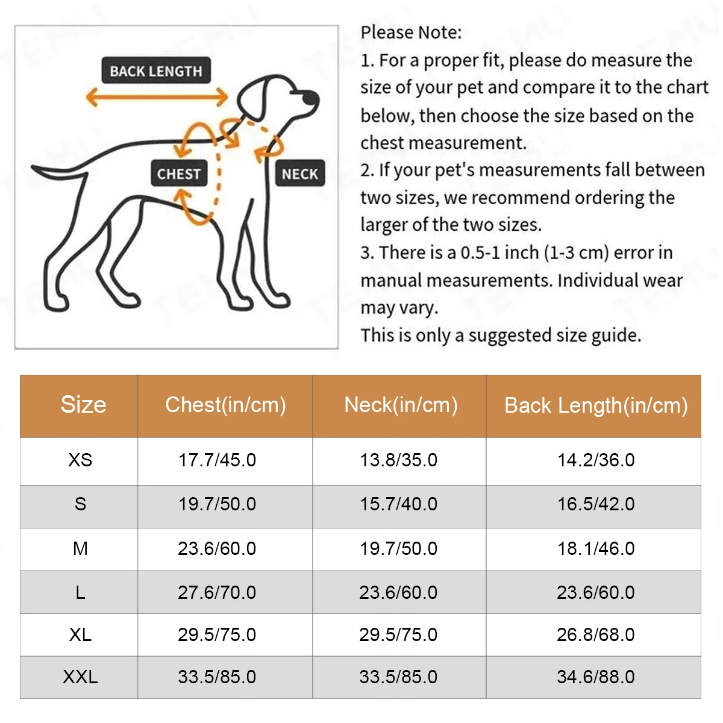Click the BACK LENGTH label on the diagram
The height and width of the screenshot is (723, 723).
pyautogui.click(x=156, y=71)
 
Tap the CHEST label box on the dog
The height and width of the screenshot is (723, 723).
pyautogui.click(x=179, y=174)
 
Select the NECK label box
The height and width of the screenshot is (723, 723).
pyautogui.click(x=299, y=174)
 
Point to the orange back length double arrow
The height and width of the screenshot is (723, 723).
pyautogui.click(x=157, y=96)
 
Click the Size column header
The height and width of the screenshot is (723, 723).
pyautogui.click(x=83, y=405)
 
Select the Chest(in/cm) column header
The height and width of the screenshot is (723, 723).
pyautogui.click(x=225, y=405)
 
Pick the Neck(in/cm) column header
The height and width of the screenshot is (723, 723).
pyautogui.click(x=401, y=405)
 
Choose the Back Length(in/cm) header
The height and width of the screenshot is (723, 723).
pyautogui.click(x=595, y=405)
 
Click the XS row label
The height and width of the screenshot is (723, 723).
pyautogui.click(x=80, y=460)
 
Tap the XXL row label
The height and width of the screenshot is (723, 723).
pyautogui.click(x=80, y=677)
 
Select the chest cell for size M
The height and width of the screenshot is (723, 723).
pyautogui.click(x=217, y=548)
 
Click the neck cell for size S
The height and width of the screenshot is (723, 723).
pyautogui.click(x=398, y=504)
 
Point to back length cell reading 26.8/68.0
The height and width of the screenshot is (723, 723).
pyautogui.click(x=595, y=634)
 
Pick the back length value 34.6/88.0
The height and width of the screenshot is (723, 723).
pyautogui.click(x=595, y=677)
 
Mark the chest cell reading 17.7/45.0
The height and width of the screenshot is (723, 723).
pyautogui.click(x=217, y=460)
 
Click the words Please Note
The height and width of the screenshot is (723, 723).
pyautogui.click(x=411, y=33)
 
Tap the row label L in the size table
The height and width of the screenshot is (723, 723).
pyautogui.click(x=80, y=593)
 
